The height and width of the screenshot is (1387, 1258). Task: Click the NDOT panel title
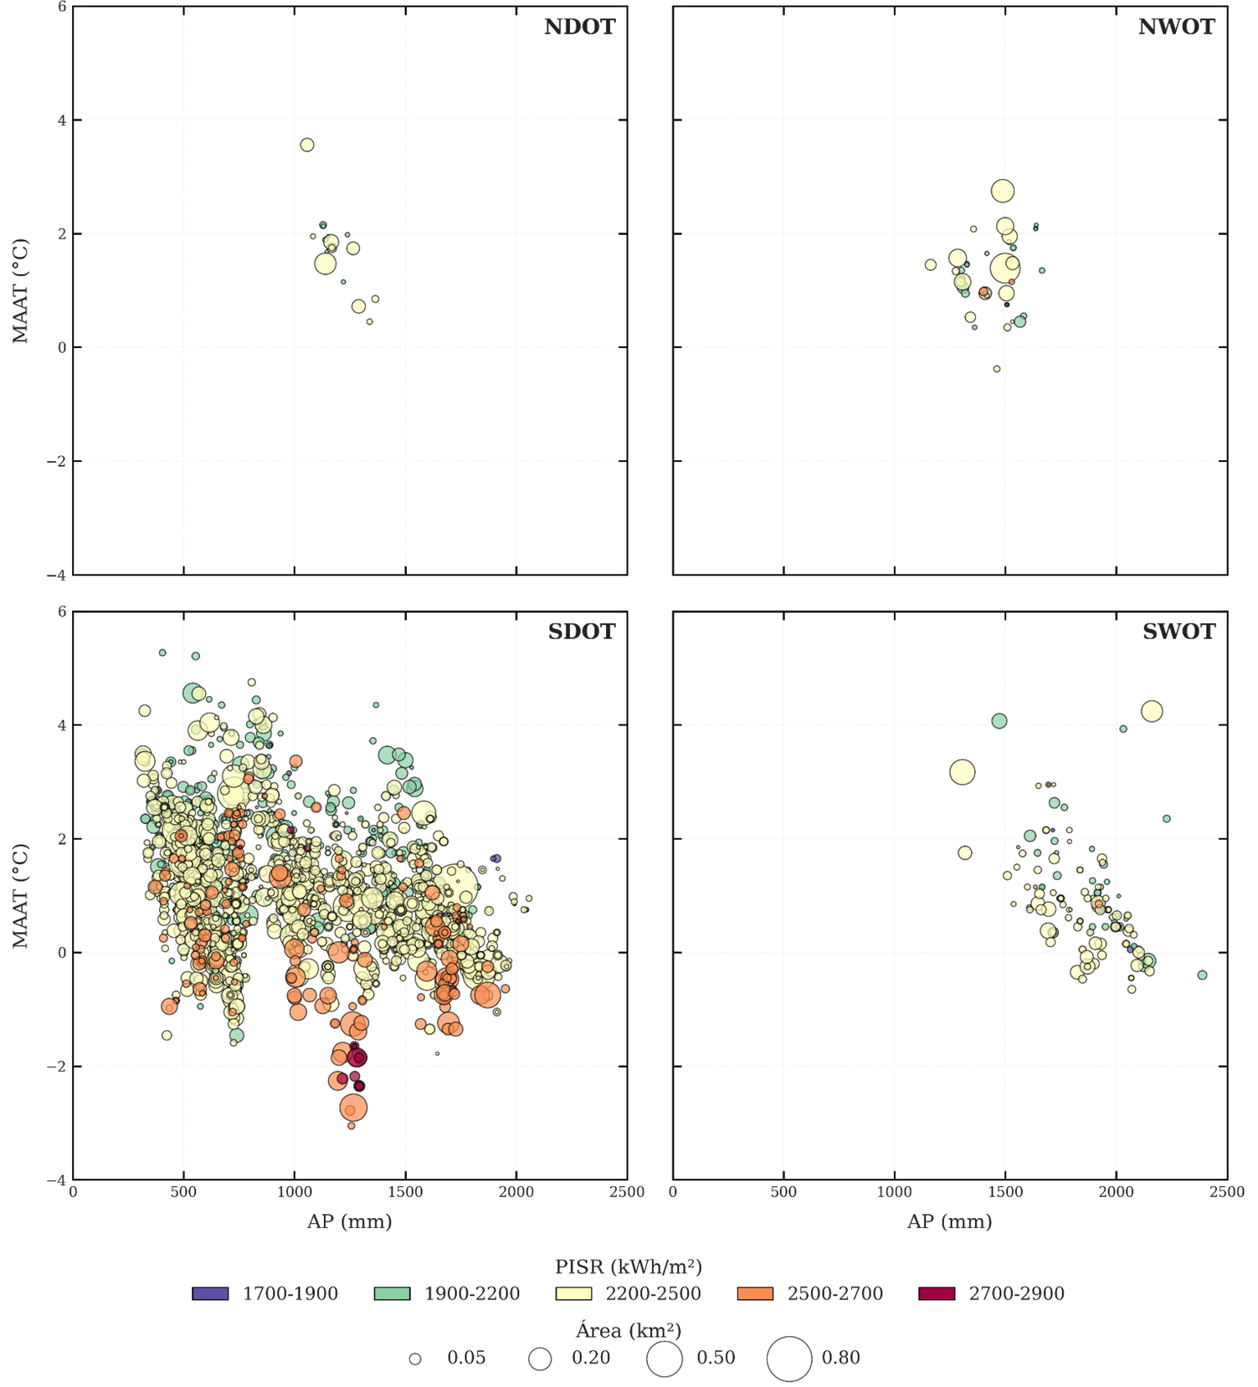[x=579, y=27]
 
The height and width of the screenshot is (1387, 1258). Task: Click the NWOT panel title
[x=1176, y=27]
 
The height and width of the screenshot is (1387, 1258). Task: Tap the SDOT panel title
[x=581, y=632]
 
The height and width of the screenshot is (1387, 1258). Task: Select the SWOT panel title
[x=1178, y=632]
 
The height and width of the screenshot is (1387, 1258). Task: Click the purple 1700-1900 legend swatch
[x=210, y=1293]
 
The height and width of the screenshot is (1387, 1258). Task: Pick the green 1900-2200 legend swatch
[x=392, y=1293]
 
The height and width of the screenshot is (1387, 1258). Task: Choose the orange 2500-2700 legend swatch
[x=755, y=1293]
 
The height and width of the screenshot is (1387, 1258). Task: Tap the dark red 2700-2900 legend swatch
[x=937, y=1293]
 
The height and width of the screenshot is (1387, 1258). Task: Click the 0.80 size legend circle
[x=789, y=1358]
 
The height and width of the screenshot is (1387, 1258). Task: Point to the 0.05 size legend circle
[x=415, y=1359]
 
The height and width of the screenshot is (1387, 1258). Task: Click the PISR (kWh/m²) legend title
[x=628, y=1267]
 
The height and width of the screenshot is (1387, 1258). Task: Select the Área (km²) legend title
[x=628, y=1330]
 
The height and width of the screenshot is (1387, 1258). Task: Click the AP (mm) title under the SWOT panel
[x=949, y=1221]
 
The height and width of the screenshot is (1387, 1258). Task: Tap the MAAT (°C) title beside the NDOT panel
[x=20, y=291]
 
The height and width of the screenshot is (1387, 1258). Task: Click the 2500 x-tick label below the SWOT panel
[x=1226, y=1192]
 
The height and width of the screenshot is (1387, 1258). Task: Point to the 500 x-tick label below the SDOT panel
[x=183, y=1192]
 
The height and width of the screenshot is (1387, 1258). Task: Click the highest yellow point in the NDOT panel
[x=307, y=145]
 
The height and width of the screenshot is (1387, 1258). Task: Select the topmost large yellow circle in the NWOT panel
[x=1003, y=191]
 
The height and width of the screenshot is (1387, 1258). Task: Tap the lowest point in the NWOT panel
[x=997, y=369]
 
